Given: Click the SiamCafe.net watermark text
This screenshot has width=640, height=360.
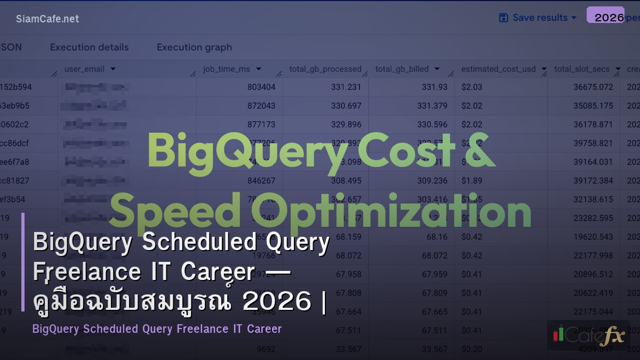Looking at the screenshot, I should click(47, 19).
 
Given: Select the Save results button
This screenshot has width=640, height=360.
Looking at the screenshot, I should click(538, 18).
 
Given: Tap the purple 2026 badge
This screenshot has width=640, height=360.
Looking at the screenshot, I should click(606, 15).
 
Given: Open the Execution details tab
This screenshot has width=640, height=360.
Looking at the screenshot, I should click(89, 47).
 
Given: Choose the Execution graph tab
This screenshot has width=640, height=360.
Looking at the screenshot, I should click(194, 47).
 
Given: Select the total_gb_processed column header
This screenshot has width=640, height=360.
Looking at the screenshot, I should click(325, 69).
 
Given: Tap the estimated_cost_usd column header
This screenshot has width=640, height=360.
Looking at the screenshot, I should click(498, 69).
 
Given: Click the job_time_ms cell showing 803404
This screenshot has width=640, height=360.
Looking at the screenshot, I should click(261, 87).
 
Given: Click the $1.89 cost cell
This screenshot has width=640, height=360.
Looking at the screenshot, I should click(472, 181).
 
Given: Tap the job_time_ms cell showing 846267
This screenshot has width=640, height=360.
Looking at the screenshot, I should click(261, 181).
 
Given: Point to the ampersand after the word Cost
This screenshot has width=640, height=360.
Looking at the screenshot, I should click(477, 151).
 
